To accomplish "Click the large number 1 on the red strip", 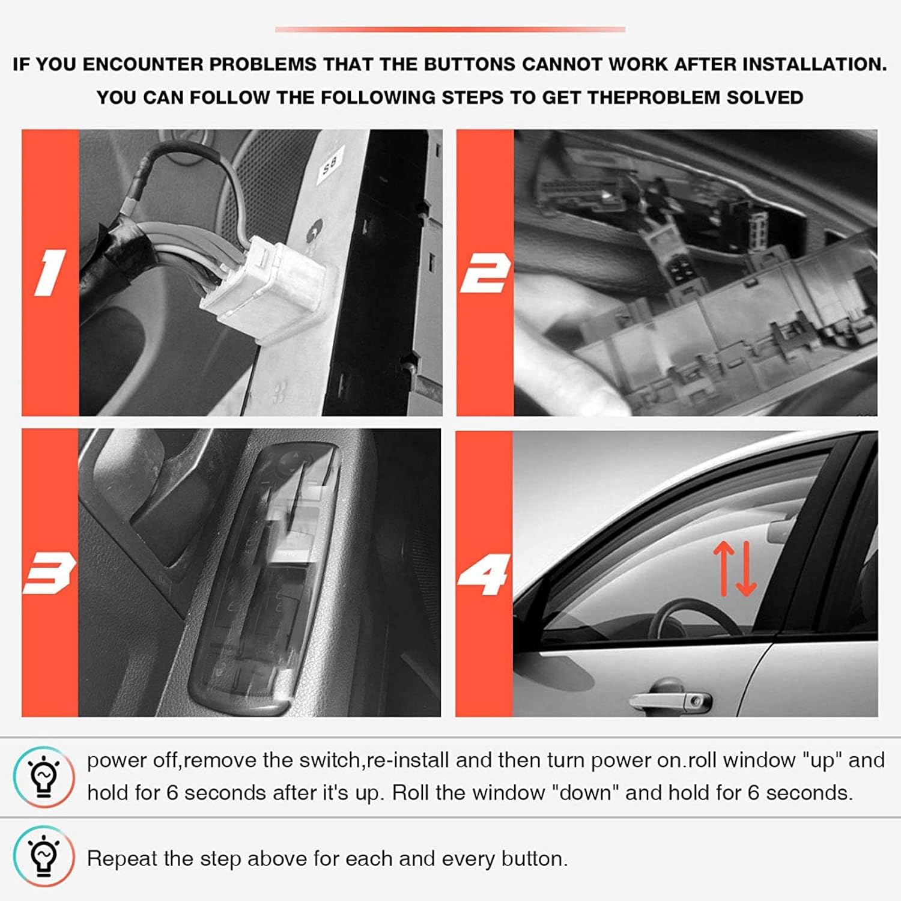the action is click(50, 273).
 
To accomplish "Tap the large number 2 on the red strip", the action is click(485, 273).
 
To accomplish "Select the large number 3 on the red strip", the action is click(49, 573).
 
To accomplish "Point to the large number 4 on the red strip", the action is click(484, 574).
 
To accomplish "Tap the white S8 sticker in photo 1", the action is click(330, 162).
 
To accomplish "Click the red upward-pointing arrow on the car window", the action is click(724, 566).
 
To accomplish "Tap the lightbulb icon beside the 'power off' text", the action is click(44, 777).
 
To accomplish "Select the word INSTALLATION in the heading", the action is click(815, 64).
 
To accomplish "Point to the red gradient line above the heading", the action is click(450, 29).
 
